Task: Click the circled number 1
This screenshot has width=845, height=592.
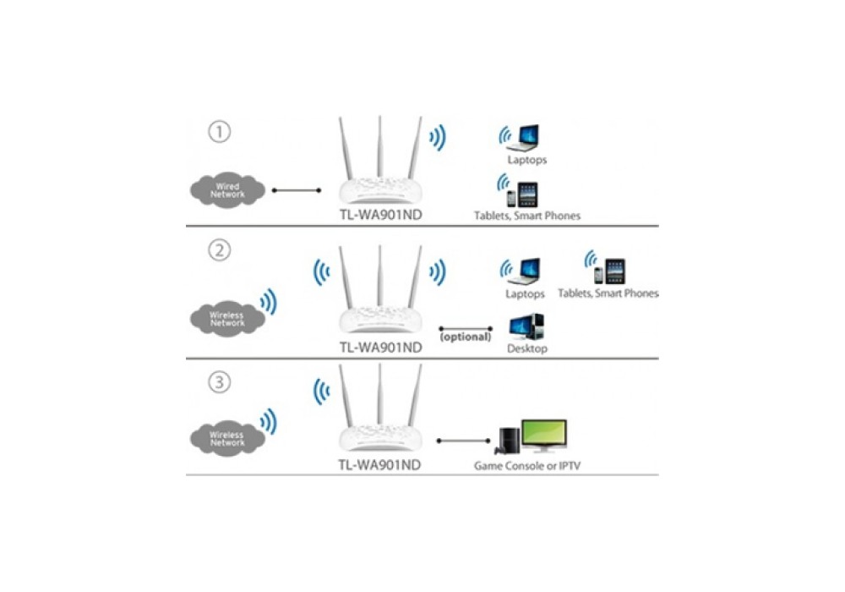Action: [219, 133]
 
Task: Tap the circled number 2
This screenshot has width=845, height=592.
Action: [219, 251]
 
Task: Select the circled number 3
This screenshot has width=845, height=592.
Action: [219, 383]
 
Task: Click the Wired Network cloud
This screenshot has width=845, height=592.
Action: [227, 190]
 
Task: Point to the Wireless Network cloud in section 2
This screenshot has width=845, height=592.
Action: [226, 319]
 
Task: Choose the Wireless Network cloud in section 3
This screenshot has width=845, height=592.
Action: [226, 438]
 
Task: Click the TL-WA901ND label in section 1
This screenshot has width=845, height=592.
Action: [379, 215]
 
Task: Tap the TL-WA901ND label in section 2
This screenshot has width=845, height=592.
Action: [379, 347]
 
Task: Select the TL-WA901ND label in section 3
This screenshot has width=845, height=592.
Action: [379, 465]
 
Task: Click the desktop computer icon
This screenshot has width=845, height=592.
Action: [526, 326]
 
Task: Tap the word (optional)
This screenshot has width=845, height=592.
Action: [465, 337]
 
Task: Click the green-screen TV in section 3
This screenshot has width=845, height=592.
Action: [543, 435]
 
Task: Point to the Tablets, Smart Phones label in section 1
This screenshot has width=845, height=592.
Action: [527, 216]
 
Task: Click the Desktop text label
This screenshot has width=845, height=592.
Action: [526, 348]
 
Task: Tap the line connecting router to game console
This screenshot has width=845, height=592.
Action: [464, 441]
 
